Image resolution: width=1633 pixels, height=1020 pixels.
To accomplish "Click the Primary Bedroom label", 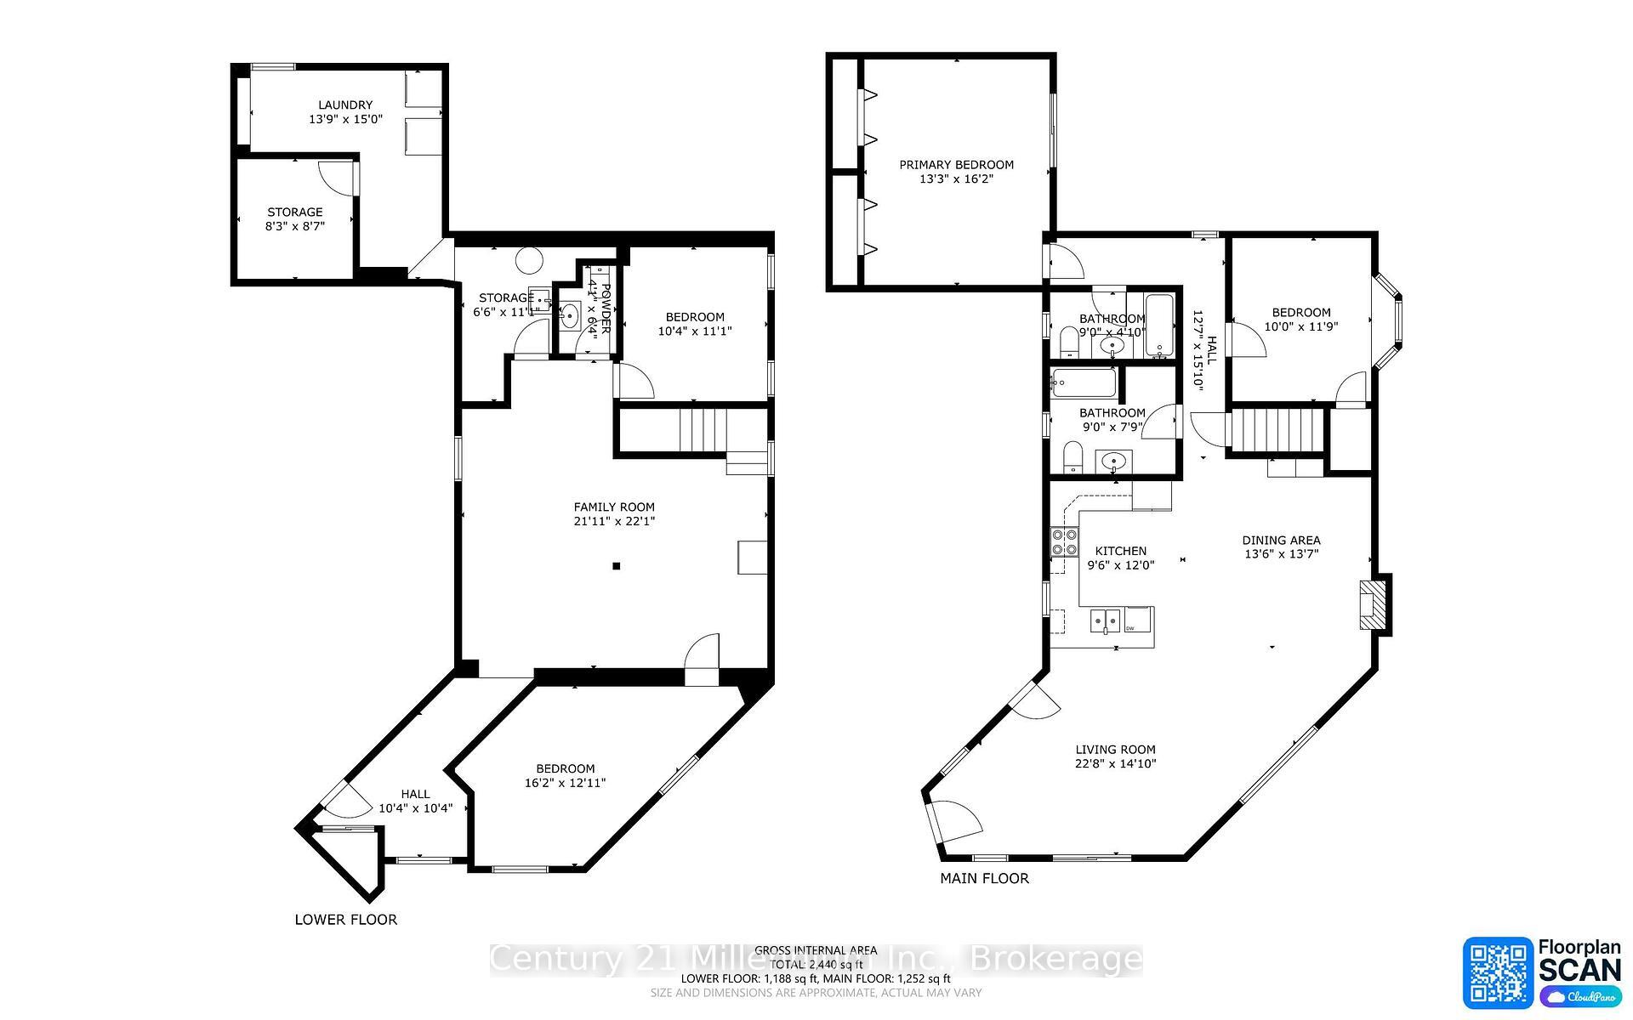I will click(956, 165).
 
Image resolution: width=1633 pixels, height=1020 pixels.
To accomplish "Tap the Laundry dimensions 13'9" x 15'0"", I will click(345, 120).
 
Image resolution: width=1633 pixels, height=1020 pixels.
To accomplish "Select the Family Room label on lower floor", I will click(614, 507).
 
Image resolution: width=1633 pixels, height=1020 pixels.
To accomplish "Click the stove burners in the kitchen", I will click(1063, 541).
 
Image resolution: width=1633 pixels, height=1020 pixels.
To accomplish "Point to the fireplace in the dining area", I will click(1373, 604).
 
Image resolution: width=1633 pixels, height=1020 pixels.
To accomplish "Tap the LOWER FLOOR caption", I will click(345, 920).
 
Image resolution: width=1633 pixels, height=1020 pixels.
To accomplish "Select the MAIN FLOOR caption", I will click(984, 879).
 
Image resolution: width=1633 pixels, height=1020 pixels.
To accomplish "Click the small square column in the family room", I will click(617, 566).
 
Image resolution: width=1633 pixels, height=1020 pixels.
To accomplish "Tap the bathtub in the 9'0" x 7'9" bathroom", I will click(1084, 383).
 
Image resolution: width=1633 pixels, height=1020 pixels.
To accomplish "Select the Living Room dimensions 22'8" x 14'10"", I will click(1115, 764).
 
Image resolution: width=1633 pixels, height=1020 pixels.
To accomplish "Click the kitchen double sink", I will click(1106, 620).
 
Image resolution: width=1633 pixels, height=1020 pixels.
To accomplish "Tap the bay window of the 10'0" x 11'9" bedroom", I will click(1391, 321).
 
